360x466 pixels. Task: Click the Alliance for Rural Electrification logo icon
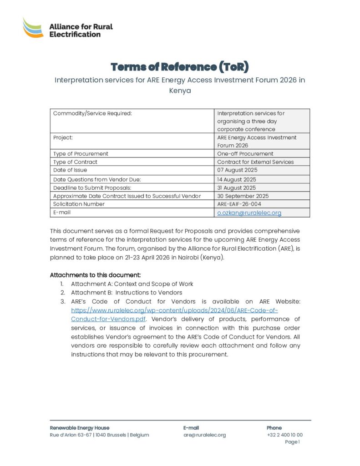33,28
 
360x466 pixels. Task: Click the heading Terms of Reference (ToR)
180,67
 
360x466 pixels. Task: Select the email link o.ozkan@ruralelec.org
249,213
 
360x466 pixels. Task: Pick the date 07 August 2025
237,170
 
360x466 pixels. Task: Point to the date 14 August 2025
237,180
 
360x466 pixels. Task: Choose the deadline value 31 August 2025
236,188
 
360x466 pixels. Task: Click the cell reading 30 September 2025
243,196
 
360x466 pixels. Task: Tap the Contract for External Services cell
255,162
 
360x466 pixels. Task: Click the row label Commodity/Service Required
92,113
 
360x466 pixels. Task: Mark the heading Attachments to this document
95,275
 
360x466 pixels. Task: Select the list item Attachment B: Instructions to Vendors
127,293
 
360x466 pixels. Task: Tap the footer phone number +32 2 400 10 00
284,435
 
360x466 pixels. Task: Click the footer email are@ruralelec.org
204,435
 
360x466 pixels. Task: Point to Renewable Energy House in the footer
79,428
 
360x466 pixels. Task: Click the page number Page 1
292,442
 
